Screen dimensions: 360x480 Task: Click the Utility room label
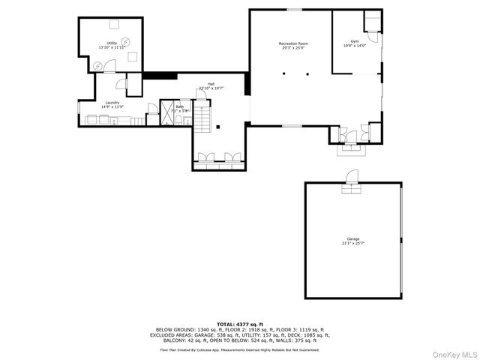tap(112, 43)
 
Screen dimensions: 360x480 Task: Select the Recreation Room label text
tap(294, 44)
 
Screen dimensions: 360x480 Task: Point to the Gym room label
tap(355, 41)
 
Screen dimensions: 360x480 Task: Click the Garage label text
tap(353, 238)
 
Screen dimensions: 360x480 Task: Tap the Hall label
tap(211, 84)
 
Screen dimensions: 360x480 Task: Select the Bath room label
tap(180, 107)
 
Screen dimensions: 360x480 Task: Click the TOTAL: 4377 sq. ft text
tap(240, 323)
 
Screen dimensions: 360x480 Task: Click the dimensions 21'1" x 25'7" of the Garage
tap(353, 244)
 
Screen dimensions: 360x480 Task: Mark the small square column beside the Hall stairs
tap(217, 127)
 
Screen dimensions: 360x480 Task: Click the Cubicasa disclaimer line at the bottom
tap(240, 349)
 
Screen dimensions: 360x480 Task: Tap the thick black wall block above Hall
tap(159, 75)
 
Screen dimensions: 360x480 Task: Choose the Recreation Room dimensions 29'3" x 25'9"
tap(294, 49)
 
